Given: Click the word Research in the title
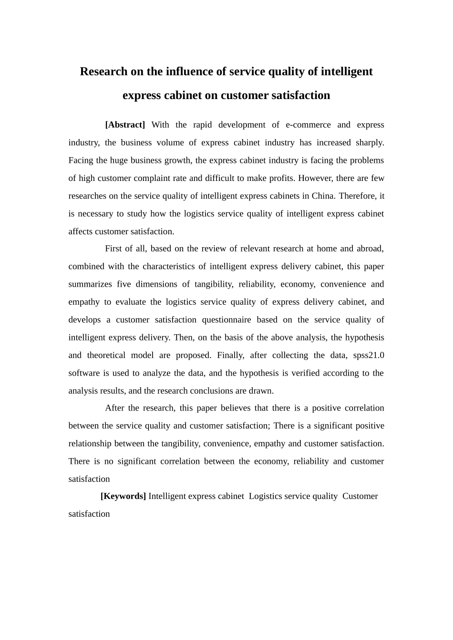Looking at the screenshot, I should [x=104, y=71].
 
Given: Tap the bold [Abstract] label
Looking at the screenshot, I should [x=125, y=125].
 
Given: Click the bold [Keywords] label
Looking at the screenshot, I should [x=123, y=496].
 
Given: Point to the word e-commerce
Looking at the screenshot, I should [x=308, y=125].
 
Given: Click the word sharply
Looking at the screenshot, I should [x=370, y=142].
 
